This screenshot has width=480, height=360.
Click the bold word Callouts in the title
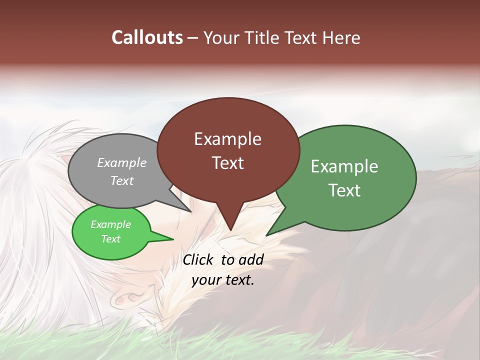click(x=147, y=37)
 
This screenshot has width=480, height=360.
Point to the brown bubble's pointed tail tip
click(x=230, y=230)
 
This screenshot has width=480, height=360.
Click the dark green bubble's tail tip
click(x=266, y=235)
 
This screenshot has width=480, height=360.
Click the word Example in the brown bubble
click(x=227, y=139)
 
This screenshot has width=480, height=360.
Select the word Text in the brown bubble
click(x=227, y=162)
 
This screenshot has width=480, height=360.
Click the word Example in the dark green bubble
click(x=344, y=166)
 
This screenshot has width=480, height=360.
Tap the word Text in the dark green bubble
click(x=344, y=190)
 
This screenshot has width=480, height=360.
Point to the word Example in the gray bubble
click(x=122, y=162)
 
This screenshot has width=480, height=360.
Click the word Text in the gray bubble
click(x=122, y=180)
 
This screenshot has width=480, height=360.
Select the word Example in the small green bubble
click(x=110, y=224)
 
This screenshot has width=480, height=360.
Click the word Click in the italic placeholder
click(x=198, y=259)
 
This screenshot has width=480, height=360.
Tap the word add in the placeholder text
click(x=251, y=259)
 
